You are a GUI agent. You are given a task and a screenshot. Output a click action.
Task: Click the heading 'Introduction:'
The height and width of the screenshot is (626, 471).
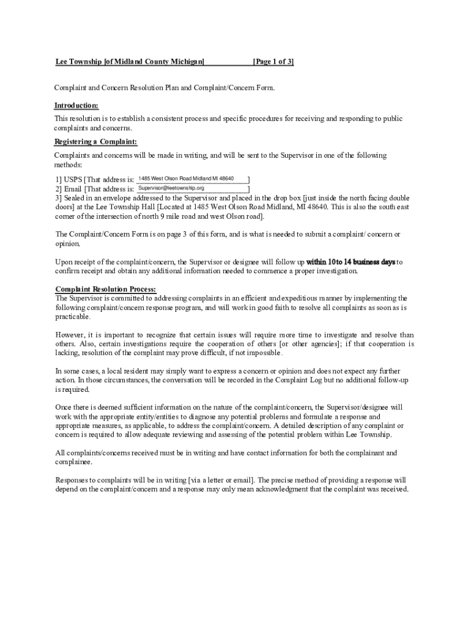click(x=76, y=106)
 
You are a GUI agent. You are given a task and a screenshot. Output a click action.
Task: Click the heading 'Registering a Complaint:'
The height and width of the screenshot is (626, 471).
click(x=96, y=142)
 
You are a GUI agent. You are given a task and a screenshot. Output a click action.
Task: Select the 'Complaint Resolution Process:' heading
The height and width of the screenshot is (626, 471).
click(x=106, y=289)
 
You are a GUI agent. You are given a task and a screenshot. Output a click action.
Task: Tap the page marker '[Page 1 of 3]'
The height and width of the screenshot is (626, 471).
click(x=273, y=62)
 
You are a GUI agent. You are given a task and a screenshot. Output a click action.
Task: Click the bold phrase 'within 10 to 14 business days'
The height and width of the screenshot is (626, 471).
click(x=350, y=262)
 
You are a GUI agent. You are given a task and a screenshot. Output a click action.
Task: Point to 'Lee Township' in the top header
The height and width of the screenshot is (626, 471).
click(x=79, y=62)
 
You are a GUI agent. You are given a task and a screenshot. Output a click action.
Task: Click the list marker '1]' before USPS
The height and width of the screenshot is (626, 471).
click(x=59, y=180)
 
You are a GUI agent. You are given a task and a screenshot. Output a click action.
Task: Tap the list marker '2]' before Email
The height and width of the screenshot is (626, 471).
click(x=59, y=190)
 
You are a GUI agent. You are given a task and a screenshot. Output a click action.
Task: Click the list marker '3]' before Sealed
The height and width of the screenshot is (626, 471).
click(x=59, y=199)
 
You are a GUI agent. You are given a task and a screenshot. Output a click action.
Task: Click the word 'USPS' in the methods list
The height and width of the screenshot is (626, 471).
click(x=73, y=180)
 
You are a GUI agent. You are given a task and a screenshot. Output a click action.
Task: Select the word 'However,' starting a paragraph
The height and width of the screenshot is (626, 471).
click(x=70, y=335)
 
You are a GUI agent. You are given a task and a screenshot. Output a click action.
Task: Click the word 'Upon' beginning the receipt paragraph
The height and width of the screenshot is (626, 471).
click(x=64, y=262)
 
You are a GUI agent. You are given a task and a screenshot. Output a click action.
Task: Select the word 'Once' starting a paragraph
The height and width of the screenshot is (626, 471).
click(x=64, y=407)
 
